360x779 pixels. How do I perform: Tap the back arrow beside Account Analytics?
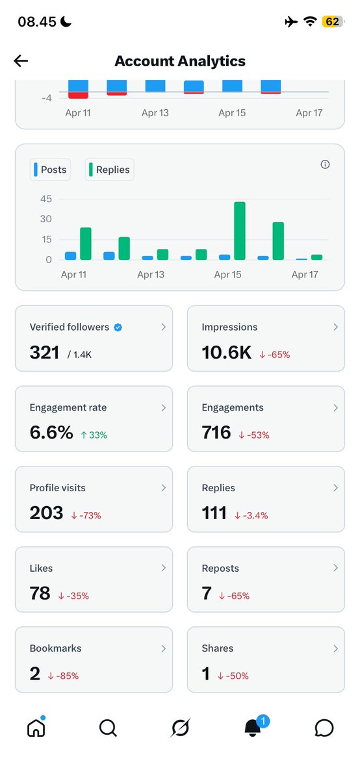pyautogui.click(x=21, y=61)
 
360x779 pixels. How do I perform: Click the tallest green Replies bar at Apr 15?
pyautogui.click(x=240, y=231)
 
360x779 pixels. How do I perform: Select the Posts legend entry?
pyautogui.click(x=49, y=170)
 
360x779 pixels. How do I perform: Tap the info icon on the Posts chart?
pyautogui.click(x=325, y=164)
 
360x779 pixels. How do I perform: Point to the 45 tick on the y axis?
pyautogui.click(x=45, y=199)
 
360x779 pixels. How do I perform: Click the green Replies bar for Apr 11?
pyautogui.click(x=86, y=244)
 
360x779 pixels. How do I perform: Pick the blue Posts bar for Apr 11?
pyautogui.click(x=70, y=256)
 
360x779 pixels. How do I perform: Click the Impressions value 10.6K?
pyautogui.click(x=227, y=352)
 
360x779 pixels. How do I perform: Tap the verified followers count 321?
pyautogui.click(x=44, y=352)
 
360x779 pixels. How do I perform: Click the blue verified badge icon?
pyautogui.click(x=118, y=327)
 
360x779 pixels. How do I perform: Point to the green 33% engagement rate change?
pyautogui.click(x=94, y=435)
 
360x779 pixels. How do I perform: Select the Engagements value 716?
pyautogui.click(x=216, y=433)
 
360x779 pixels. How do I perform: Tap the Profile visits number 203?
pyautogui.click(x=46, y=513)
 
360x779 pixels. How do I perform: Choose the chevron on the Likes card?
pyautogui.click(x=164, y=568)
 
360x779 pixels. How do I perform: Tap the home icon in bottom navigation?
pyautogui.click(x=36, y=728)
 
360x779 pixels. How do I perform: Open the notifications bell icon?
pyautogui.click(x=253, y=729)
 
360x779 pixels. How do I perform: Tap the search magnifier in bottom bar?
pyautogui.click(x=108, y=728)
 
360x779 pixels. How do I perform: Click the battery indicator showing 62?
pyautogui.click(x=332, y=21)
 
